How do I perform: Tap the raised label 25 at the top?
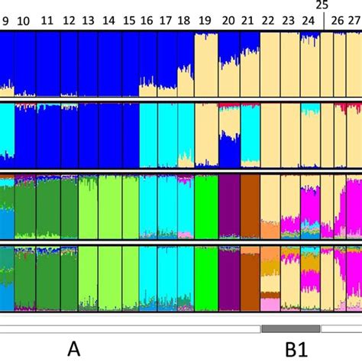pyautogui.click(x=322, y=5)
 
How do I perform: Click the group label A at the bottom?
pyautogui.click(x=74, y=348)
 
